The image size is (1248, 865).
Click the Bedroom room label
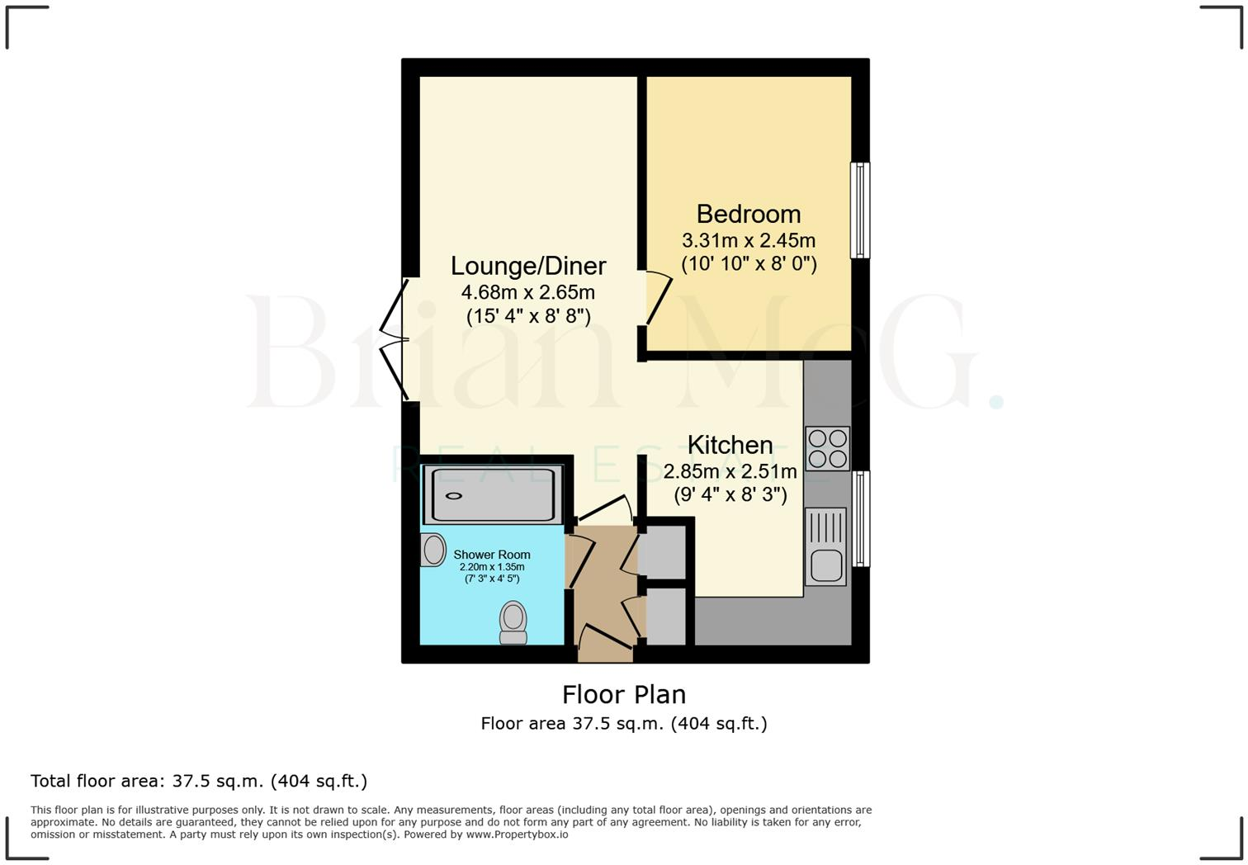[748, 214]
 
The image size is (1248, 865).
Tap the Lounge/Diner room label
[528, 266]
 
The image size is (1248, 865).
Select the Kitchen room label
[730, 445]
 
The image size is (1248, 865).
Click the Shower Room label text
[491, 555]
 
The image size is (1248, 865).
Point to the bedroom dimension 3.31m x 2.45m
[748, 241]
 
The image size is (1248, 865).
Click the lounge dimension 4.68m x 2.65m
[528, 293]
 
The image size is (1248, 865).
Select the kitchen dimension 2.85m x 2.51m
[730, 472]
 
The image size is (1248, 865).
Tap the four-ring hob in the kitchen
[827, 448]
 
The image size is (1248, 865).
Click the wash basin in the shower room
[433, 550]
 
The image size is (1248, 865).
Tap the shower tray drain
[454, 496]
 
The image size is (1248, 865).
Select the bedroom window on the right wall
[860, 210]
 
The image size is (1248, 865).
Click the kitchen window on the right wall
[860, 518]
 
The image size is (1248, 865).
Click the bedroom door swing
[659, 297]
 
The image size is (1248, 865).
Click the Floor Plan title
[623, 694]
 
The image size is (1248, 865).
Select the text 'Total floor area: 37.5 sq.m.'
[147, 781]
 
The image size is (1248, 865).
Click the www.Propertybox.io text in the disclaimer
[517, 834]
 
